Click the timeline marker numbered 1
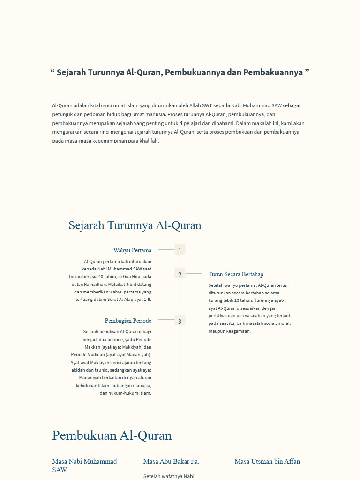[180, 250]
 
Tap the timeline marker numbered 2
[180, 274]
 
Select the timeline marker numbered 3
[180, 321]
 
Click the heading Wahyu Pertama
[132, 250]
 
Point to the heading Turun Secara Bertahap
[236, 274]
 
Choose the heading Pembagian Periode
[128, 321]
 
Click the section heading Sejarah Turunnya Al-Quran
[135, 225]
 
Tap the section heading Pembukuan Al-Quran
[112, 435]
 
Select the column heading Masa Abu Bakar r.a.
[171, 462]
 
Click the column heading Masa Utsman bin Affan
[267, 462]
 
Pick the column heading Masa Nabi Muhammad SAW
[84, 465]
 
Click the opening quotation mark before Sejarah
[52, 72]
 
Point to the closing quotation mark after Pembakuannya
[307, 72]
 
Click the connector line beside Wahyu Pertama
[166, 249]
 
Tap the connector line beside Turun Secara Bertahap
[194, 273]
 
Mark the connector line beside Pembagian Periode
[166, 320]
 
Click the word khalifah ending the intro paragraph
[150, 141]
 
